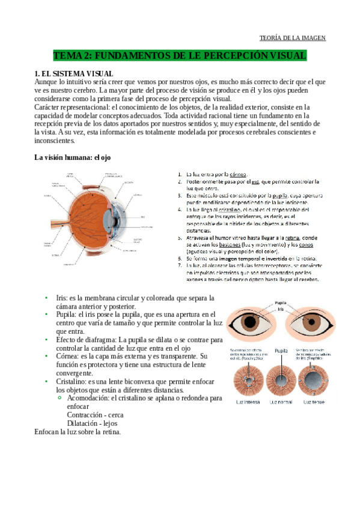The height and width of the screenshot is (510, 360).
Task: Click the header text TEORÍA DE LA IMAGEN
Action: pyautogui.click(x=292, y=38)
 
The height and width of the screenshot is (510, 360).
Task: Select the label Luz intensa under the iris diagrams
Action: pyautogui.click(x=246, y=401)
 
